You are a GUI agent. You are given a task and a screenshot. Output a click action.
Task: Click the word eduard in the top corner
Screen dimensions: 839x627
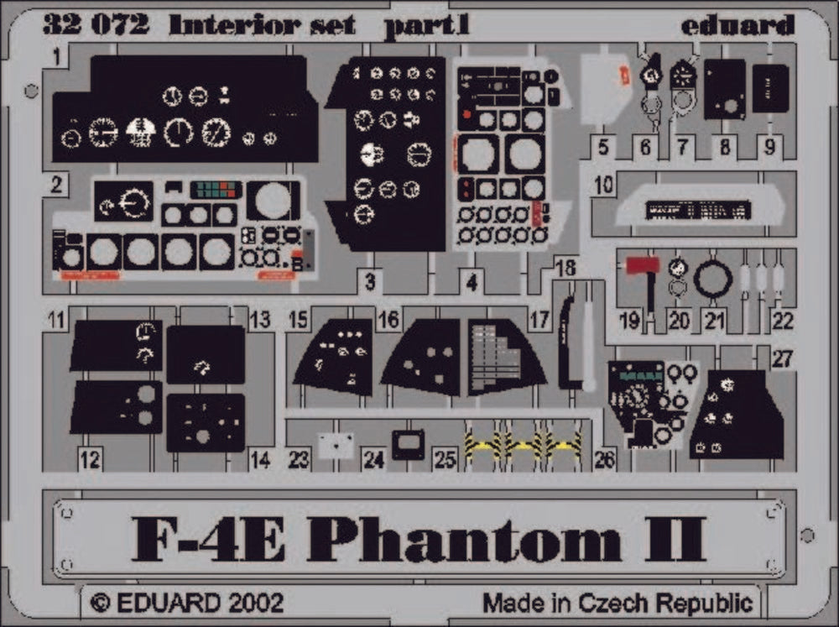click(x=737, y=25)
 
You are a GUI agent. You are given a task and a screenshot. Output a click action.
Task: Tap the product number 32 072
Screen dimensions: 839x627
click(x=96, y=24)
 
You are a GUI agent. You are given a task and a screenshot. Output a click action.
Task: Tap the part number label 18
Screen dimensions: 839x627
click(x=565, y=268)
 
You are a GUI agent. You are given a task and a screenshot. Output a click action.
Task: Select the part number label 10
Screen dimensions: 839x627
click(x=603, y=185)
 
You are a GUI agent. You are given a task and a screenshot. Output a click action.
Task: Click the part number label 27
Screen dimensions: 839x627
click(x=782, y=358)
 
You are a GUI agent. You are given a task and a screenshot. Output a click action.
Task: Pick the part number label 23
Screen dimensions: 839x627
click(x=299, y=459)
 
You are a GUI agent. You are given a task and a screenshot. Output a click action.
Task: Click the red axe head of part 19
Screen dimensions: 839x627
click(x=643, y=265)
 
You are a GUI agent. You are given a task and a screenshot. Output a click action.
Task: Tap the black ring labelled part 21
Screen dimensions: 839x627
click(x=712, y=280)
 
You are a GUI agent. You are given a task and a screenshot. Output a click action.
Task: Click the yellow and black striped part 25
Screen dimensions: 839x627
click(x=522, y=442)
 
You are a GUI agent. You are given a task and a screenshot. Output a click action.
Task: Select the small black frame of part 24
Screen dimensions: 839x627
click(x=409, y=444)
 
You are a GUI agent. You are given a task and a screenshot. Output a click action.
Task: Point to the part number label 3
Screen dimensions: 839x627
click(x=370, y=282)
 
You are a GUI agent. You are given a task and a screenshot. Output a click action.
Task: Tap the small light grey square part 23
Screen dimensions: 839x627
click(x=336, y=446)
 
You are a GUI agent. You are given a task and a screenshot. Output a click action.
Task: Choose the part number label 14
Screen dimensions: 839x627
click(x=261, y=459)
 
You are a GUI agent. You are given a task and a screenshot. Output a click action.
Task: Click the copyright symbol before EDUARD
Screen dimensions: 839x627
click(x=100, y=603)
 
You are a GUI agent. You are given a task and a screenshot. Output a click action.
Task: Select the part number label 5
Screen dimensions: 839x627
click(x=603, y=147)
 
